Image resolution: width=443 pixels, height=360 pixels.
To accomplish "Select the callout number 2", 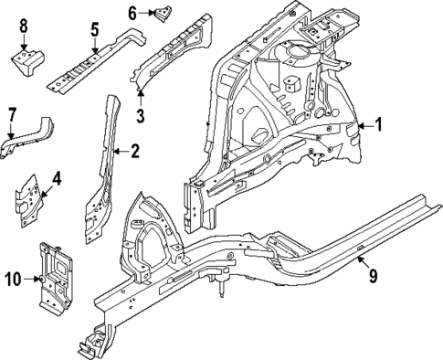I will (x=134, y=152).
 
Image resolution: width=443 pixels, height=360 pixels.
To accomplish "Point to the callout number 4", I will (x=56, y=179).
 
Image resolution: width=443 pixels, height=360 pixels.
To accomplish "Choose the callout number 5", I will (x=94, y=29).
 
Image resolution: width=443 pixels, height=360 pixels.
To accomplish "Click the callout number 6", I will (x=132, y=13).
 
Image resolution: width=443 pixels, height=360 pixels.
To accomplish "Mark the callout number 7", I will (x=12, y=114).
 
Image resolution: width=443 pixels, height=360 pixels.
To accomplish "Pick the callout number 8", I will (x=24, y=25).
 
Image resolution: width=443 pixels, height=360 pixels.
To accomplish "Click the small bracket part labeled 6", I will (x=163, y=14).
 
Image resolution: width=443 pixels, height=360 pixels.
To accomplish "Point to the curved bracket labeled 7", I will (x=27, y=133).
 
